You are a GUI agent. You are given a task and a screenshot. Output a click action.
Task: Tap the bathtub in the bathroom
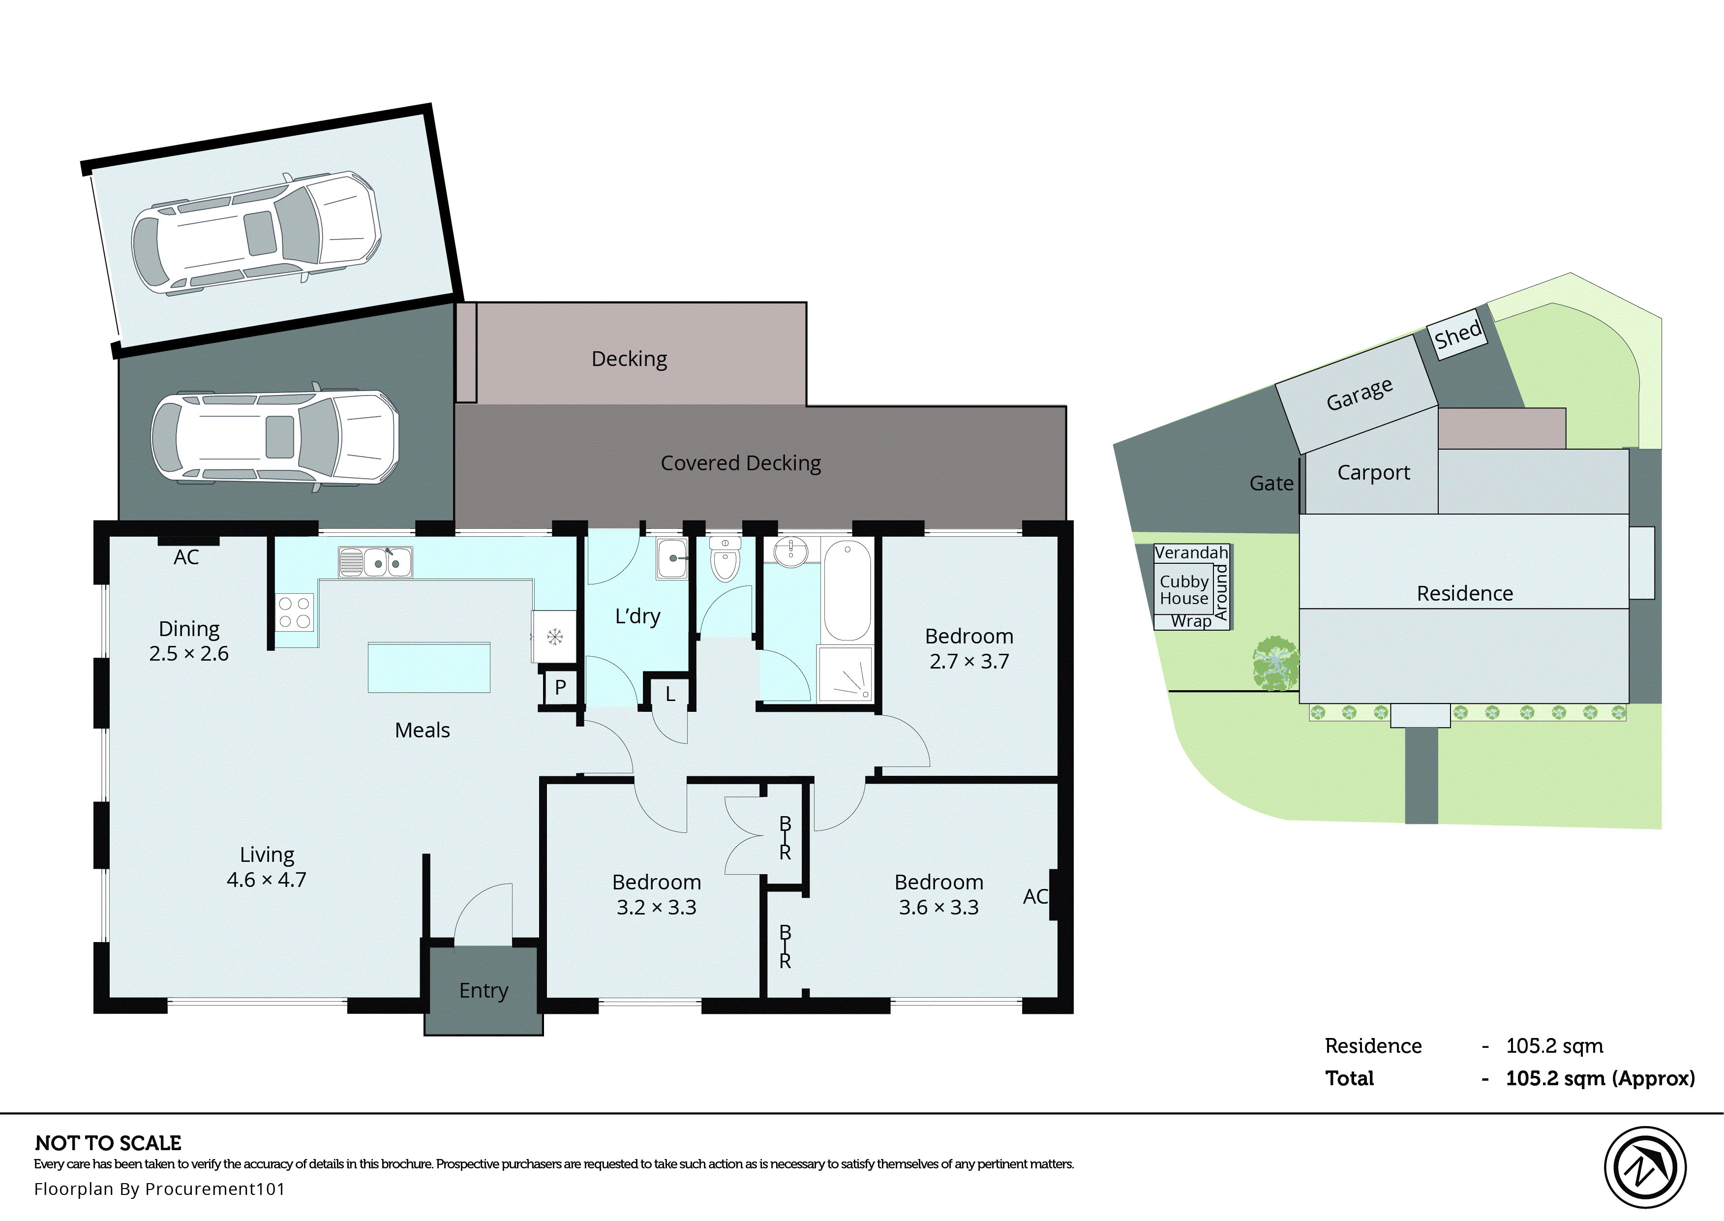pos(847,590)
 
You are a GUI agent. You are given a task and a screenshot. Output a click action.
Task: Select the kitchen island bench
pos(428,668)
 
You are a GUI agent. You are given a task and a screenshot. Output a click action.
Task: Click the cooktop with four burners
pos(294,612)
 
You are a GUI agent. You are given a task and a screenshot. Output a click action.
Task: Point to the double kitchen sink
pos(375,562)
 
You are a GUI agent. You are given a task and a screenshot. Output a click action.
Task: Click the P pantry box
pos(560,687)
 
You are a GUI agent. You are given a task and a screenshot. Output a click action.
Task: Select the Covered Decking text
pos(740,463)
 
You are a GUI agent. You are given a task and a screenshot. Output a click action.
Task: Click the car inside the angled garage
pos(255,232)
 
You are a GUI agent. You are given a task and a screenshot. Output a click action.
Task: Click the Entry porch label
pos(483,990)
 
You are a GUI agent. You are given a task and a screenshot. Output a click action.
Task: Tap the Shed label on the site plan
pos(1457,335)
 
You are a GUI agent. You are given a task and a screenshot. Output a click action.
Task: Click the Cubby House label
pos(1183,590)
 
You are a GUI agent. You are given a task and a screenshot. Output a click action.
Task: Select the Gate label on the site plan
pos(1271,484)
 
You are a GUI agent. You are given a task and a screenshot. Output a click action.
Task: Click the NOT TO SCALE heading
pos(108,1143)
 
